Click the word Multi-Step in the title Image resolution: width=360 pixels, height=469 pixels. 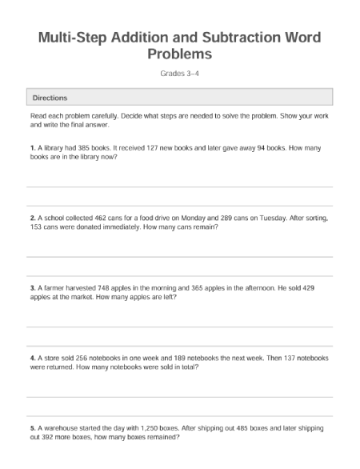[73, 38]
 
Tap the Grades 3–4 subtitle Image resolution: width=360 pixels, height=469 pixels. [180, 74]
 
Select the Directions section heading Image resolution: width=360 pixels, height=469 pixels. [50, 98]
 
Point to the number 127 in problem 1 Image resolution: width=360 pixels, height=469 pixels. [146, 148]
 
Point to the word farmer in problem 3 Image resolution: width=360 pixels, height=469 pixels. [54, 287]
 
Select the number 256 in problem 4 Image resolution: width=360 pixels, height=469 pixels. [82, 357]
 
